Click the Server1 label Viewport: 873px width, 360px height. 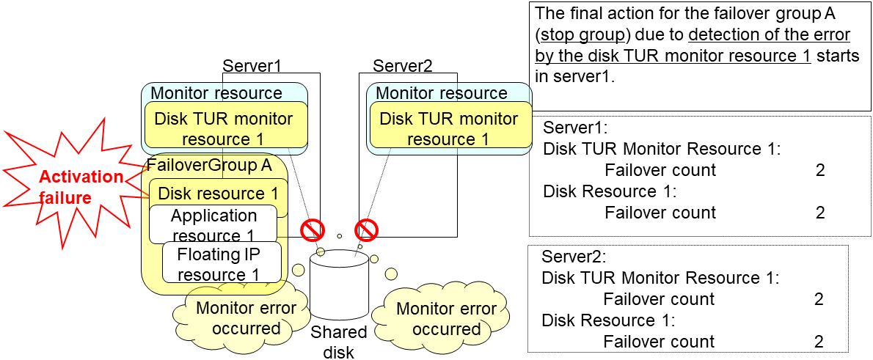pos(252,65)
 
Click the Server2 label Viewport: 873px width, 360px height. pos(403,65)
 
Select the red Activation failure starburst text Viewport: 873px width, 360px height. pos(81,186)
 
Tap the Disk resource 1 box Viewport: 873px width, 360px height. pos(218,194)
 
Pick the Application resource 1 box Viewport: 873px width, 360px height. pos(213,225)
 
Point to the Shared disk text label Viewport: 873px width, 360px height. pos(339,342)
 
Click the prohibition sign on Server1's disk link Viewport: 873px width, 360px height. pos(313,229)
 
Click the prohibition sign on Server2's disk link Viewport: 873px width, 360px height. pos(366,229)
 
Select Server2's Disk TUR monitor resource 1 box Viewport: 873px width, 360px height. pos(449,128)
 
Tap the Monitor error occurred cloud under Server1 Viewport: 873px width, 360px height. pos(246,317)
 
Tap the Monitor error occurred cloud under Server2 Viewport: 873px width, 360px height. pos(445,318)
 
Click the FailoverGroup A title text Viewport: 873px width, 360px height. pos(209,165)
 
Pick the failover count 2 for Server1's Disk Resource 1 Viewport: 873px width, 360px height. pos(819,213)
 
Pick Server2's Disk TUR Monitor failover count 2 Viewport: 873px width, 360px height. pos(818,299)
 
